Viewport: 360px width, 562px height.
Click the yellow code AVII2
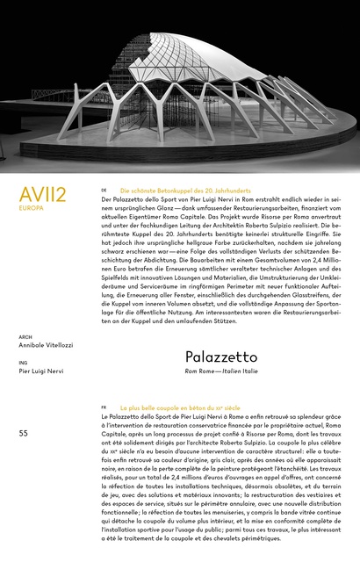[x=42, y=194]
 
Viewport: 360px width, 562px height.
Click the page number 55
[x=24, y=433]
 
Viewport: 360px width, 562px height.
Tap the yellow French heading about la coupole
[x=180, y=409]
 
